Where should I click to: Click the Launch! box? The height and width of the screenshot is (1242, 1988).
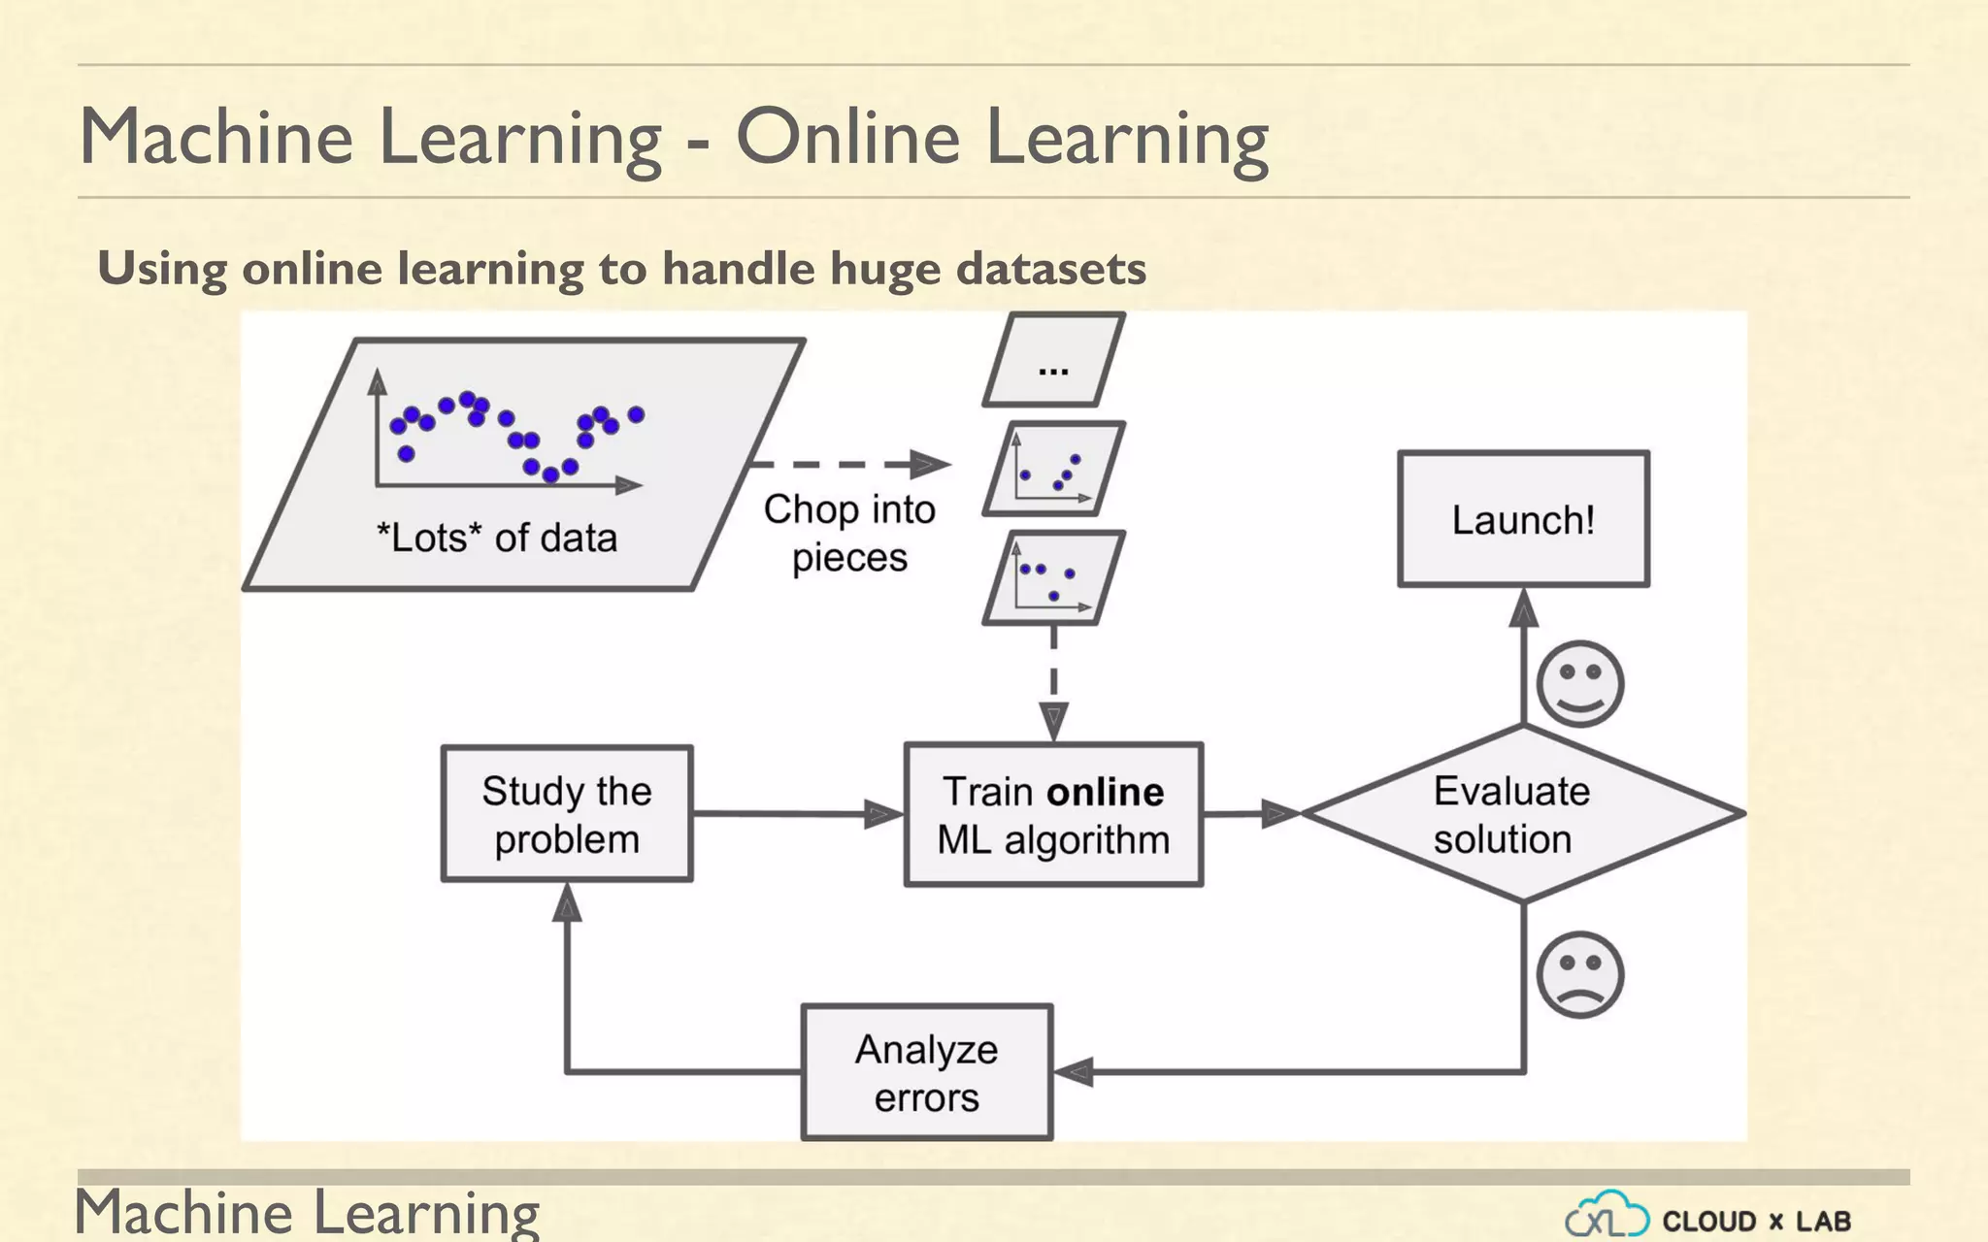1523,519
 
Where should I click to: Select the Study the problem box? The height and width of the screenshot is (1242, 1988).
567,814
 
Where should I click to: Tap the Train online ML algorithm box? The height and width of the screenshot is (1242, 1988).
1053,815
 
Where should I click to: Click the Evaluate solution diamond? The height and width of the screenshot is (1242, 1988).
1522,814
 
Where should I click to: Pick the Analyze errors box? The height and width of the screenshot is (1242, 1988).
927,1072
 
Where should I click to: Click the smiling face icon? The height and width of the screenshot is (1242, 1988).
1579,684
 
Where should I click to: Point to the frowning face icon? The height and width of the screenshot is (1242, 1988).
1579,974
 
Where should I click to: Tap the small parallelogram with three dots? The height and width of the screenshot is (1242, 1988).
1054,360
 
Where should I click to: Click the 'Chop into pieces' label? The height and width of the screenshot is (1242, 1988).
849,533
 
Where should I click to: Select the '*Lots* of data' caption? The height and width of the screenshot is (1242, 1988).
496,538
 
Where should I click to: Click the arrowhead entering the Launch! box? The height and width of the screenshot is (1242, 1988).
1524,608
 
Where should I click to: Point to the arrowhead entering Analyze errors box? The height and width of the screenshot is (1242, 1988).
1075,1072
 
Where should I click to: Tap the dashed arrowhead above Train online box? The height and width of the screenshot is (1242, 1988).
1053,722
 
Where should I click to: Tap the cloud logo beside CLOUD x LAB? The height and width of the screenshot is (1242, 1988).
1607,1216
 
